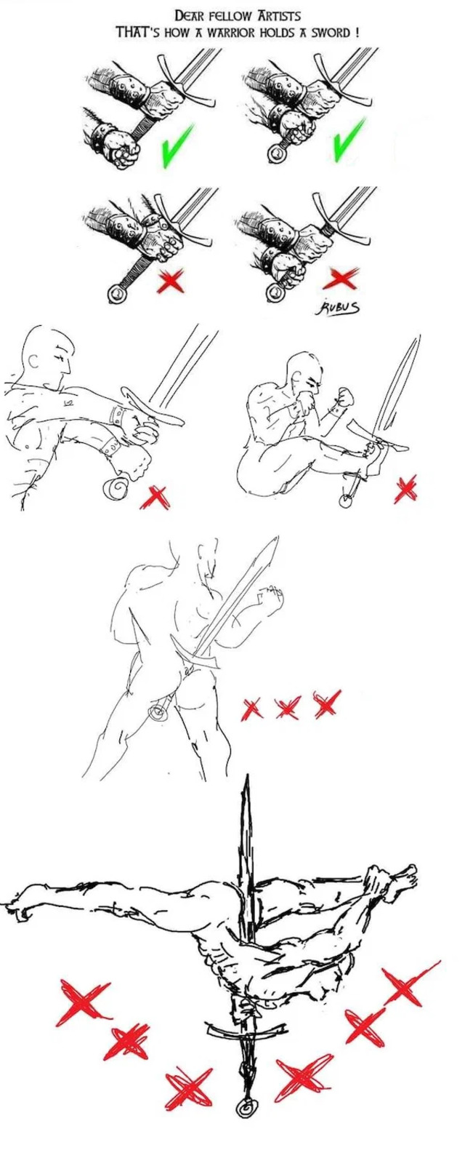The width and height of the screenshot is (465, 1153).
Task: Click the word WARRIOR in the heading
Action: [232, 32]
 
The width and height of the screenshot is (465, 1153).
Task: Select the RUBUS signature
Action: [339, 307]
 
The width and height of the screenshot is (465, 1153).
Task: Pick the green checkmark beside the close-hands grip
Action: [349, 139]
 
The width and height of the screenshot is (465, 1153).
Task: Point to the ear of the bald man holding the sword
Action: [33, 362]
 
